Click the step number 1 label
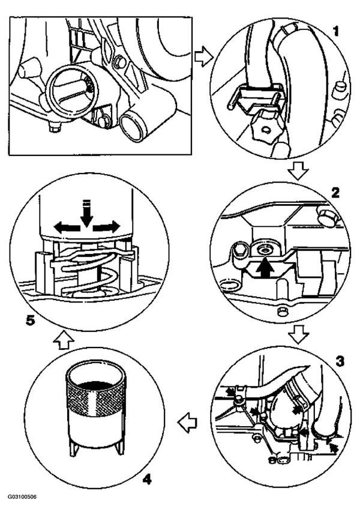pos(336,32)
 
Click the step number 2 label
pos(335,193)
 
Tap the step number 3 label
pos(340,361)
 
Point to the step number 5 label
pos(31,321)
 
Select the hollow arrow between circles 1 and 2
pos(298,171)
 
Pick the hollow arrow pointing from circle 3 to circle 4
pos(187,423)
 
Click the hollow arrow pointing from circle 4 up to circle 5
pos(64,340)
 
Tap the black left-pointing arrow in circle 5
pos(67,227)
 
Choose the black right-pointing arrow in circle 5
pos(107,227)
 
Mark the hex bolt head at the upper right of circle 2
pos(326,217)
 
